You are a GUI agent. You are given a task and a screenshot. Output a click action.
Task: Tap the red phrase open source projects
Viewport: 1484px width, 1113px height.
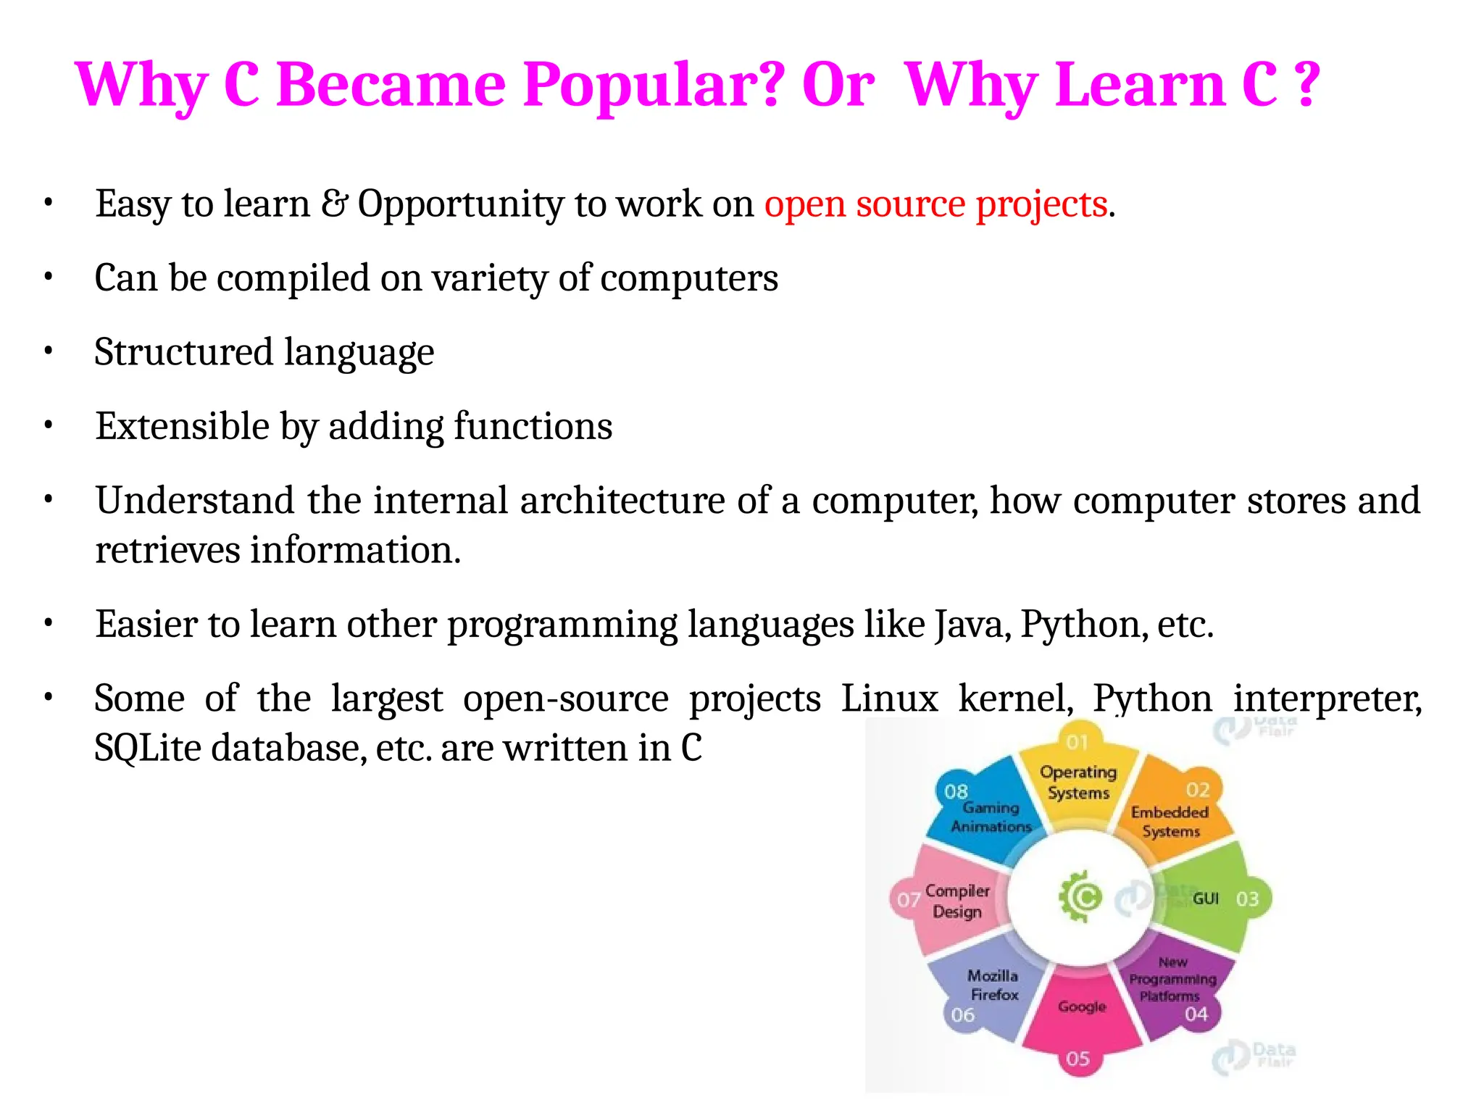pyautogui.click(x=935, y=204)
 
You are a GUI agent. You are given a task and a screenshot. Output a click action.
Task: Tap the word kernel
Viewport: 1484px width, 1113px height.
pyautogui.click(x=1015, y=699)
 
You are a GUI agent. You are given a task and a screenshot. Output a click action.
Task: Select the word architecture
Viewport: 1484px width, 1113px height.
pyautogui.click(x=622, y=501)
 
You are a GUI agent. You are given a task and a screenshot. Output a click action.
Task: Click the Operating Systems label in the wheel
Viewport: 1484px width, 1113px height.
pyautogui.click(x=1078, y=783)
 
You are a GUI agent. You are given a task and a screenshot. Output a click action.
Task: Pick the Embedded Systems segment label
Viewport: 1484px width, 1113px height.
pyautogui.click(x=1170, y=822)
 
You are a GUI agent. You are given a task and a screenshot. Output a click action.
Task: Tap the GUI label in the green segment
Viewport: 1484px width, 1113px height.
pyautogui.click(x=1206, y=899)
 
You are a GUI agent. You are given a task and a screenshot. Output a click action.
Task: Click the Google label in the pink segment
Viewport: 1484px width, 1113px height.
pyautogui.click(x=1082, y=1006)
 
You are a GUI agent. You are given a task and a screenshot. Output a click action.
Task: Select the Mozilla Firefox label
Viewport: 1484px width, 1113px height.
pyautogui.click(x=993, y=985)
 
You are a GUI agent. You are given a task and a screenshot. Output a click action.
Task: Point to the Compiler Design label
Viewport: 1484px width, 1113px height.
pyautogui.click(x=957, y=901)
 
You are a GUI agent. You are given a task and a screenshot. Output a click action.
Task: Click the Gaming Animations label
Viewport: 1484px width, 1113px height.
pyautogui.click(x=991, y=817)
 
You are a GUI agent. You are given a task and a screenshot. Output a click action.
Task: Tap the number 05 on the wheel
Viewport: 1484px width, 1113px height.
pyautogui.click(x=1078, y=1059)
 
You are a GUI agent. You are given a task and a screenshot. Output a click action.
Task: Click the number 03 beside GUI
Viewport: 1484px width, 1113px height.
pyautogui.click(x=1247, y=899)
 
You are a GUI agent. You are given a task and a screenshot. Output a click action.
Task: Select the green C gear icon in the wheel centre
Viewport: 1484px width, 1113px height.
pyautogui.click(x=1081, y=897)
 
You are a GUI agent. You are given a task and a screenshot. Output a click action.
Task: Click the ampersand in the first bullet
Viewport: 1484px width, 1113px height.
pyautogui.click(x=334, y=204)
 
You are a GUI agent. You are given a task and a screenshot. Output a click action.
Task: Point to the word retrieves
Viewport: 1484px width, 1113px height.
pyautogui.click(x=167, y=551)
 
